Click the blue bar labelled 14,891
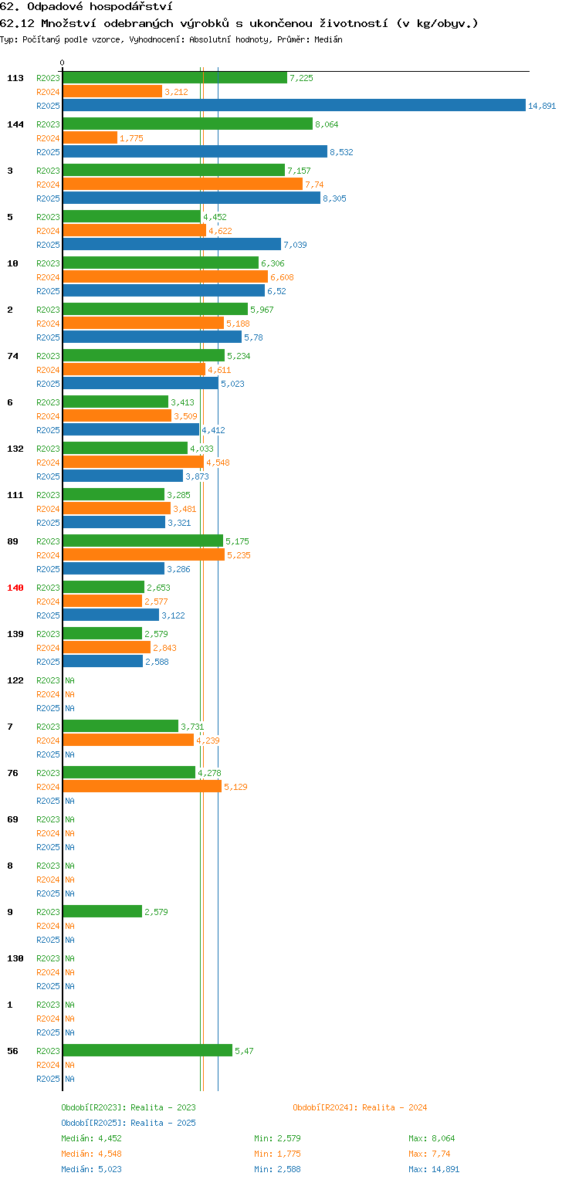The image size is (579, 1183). coord(294,105)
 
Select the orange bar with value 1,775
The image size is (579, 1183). coord(90,138)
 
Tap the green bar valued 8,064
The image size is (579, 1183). coord(188,124)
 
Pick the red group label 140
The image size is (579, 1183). coord(15,588)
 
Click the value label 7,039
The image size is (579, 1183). coord(295,245)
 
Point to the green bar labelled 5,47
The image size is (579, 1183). coord(147,1050)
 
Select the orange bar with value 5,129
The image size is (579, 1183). coord(142,786)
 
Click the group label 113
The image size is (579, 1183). coord(15,78)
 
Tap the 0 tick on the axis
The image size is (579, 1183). coord(63,63)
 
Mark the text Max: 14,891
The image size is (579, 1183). coord(434,1169)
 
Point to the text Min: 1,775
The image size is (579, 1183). coord(277,1154)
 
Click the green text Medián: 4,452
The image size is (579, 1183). coord(91,1139)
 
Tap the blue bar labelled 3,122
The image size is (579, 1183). coord(111,615)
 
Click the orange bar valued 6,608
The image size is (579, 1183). coord(165,276)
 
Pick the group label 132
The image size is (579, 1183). coord(15,449)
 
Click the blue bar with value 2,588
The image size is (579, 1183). coord(103,661)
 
